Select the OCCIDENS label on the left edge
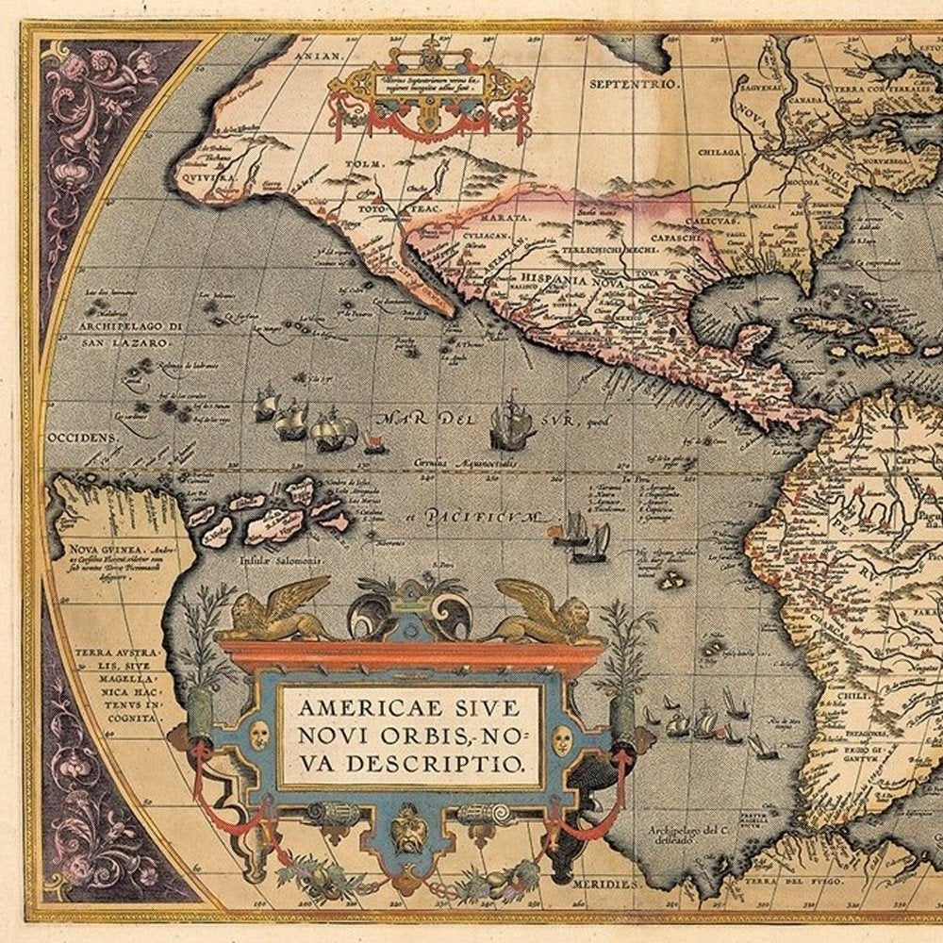pos(79,438)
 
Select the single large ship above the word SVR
pos(511,422)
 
